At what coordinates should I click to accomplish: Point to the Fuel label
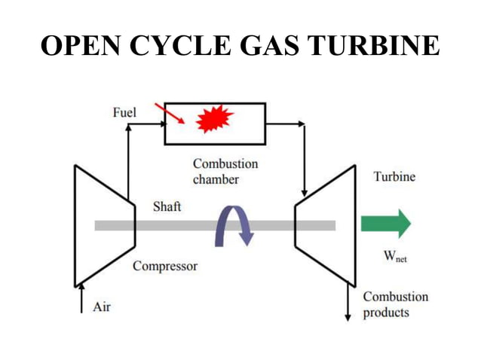pyautogui.click(x=124, y=112)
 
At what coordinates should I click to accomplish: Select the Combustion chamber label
pyautogui.click(x=225, y=171)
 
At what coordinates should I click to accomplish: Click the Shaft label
pyautogui.click(x=167, y=206)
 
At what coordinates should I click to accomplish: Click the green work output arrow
pyautogui.click(x=385, y=224)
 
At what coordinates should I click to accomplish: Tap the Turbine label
pyautogui.click(x=394, y=176)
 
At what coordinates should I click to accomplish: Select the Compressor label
pyautogui.click(x=165, y=266)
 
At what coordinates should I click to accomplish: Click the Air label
pyautogui.click(x=102, y=307)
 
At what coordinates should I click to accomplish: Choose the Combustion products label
pyautogui.click(x=395, y=304)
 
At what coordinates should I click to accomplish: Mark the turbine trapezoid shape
pyautogui.click(x=325, y=225)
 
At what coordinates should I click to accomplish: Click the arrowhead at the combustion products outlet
pyautogui.click(x=348, y=316)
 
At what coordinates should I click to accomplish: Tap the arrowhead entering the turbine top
pyautogui.click(x=303, y=193)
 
